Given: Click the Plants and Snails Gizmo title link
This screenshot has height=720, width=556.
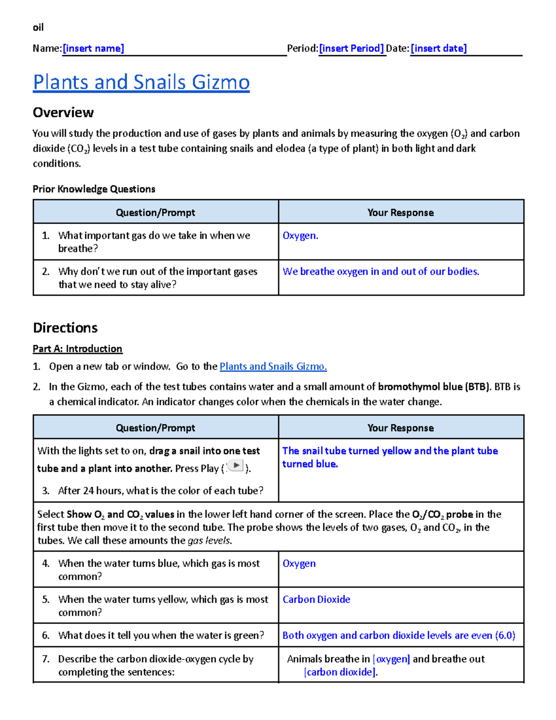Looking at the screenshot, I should (x=141, y=82).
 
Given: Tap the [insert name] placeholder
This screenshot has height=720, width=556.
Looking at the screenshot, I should (x=93, y=49).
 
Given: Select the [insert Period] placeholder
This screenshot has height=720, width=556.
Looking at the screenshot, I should (x=351, y=49).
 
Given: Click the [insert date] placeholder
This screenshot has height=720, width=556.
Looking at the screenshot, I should (x=438, y=49).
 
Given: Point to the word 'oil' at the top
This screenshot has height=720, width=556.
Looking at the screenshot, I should (x=38, y=28).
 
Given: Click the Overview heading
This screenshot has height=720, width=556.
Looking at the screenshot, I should (x=63, y=113).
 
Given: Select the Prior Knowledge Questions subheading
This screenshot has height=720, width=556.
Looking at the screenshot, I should (x=94, y=189).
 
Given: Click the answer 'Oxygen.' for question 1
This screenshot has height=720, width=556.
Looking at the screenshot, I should (x=300, y=236).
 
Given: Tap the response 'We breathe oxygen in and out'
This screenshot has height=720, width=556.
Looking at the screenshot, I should (x=380, y=272).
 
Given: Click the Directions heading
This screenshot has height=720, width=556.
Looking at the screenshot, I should (x=65, y=328).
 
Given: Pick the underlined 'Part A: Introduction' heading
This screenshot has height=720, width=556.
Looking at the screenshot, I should (x=77, y=349).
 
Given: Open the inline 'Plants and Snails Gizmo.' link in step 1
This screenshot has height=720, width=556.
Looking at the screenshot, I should (x=273, y=367).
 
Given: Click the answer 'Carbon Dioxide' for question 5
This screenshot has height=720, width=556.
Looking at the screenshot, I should (x=316, y=599).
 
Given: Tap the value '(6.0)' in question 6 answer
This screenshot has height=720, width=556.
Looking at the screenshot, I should (x=505, y=636).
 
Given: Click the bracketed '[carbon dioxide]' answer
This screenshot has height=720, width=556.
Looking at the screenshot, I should (x=340, y=672).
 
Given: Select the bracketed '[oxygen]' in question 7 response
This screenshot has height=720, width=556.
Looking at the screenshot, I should (x=391, y=659).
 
